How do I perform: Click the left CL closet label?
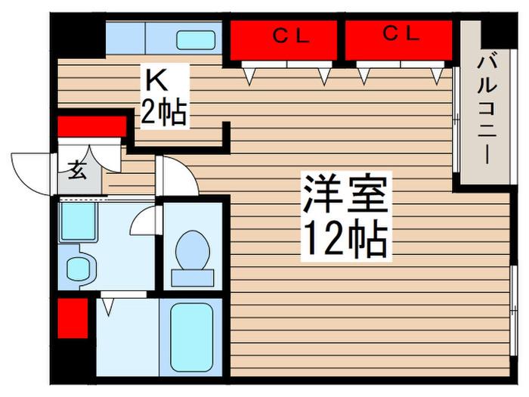(291, 36)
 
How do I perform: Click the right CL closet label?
(401, 33)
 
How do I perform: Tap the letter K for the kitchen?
(156, 81)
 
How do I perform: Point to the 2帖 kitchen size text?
(164, 112)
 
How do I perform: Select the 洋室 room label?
(345, 194)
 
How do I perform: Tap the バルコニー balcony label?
(487, 110)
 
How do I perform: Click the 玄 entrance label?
(76, 171)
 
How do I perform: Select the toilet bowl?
(193, 250)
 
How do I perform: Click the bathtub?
(192, 337)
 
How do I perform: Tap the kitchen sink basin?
(196, 40)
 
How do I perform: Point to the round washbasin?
(79, 269)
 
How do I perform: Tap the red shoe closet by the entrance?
(91, 126)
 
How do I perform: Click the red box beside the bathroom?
(73, 318)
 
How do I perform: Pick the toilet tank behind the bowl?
(193, 278)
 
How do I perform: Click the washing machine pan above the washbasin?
(78, 222)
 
